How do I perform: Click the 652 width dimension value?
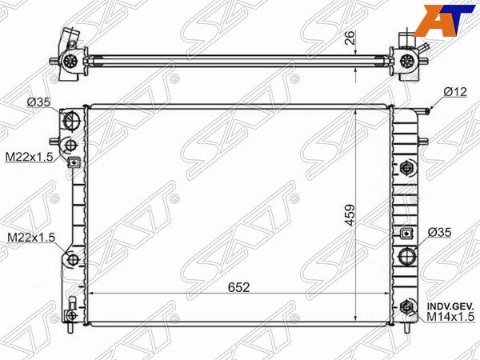pyautogui.click(x=238, y=287)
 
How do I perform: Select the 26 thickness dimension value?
pyautogui.click(x=350, y=38)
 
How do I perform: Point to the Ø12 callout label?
pyautogui.click(x=455, y=91)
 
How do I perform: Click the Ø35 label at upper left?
pyautogui.click(x=38, y=102)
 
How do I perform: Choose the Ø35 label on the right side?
pyautogui.click(x=439, y=232)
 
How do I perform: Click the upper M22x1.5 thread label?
pyautogui.click(x=30, y=157)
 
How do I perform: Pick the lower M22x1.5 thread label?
pyautogui.click(x=31, y=237)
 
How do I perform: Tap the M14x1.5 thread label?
pyautogui.click(x=450, y=317)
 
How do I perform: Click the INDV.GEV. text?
pyautogui.click(x=450, y=306)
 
